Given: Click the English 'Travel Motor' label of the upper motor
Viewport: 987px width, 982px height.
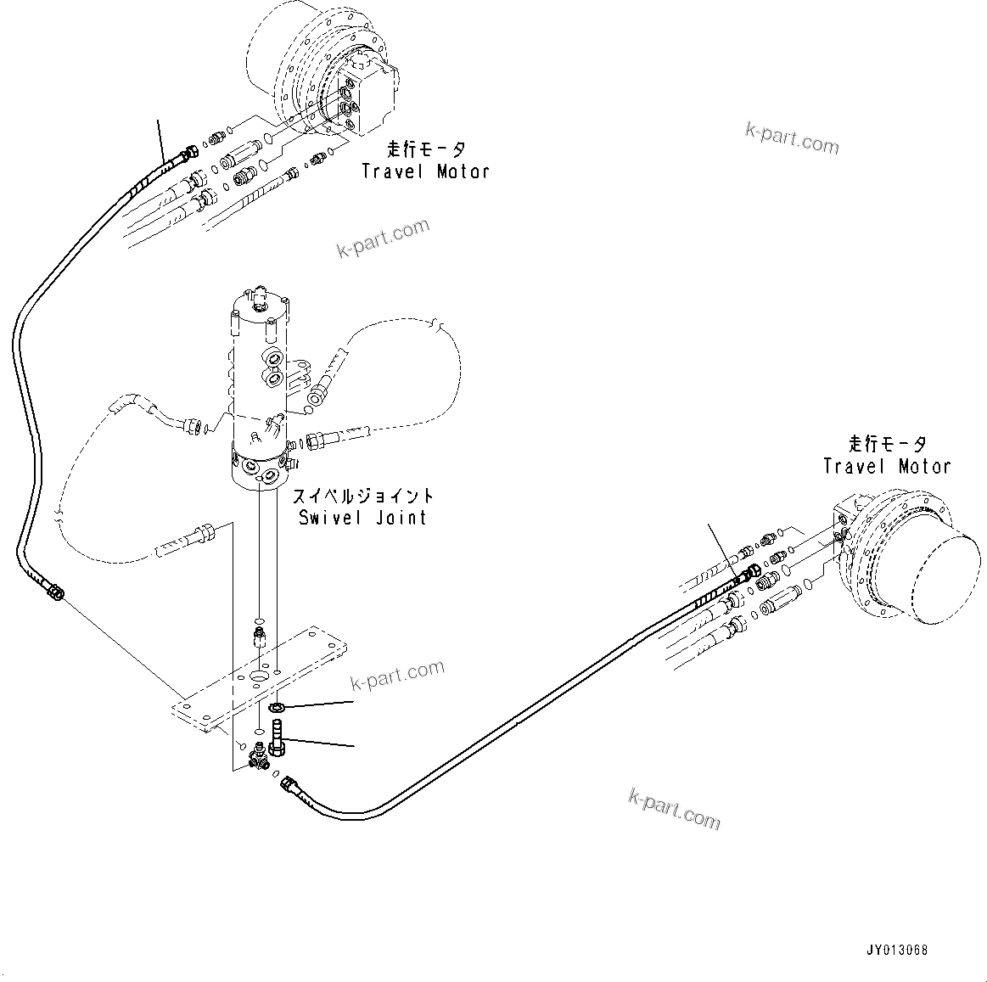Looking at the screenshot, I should pos(425,171).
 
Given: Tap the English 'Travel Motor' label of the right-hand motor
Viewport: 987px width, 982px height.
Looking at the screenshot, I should pos(887,466).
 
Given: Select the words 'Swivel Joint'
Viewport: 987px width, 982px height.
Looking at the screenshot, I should pos(362,517).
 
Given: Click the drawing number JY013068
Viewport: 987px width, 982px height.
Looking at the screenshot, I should pos(897,951).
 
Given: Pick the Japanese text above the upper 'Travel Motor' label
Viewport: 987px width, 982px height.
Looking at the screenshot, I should pos(426,150).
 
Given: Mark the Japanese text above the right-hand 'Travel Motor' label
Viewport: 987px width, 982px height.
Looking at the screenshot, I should pos(887,444).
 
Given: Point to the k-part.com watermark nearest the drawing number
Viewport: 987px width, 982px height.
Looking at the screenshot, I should pos(674,807).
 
